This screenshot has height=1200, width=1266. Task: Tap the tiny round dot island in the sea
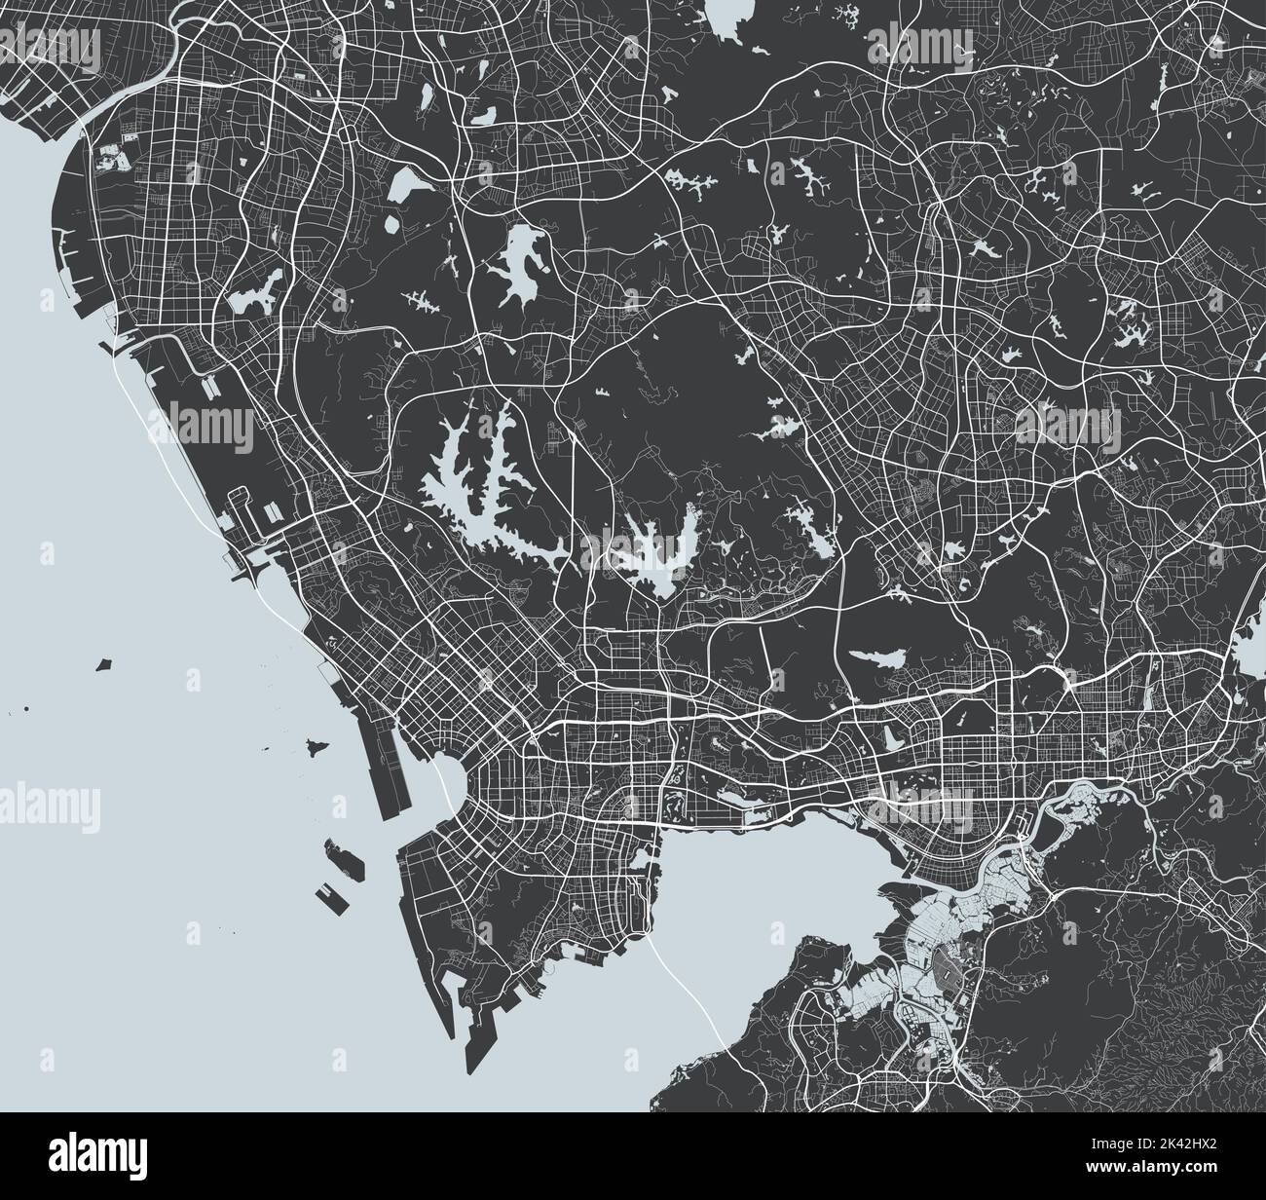coord(26,708)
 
